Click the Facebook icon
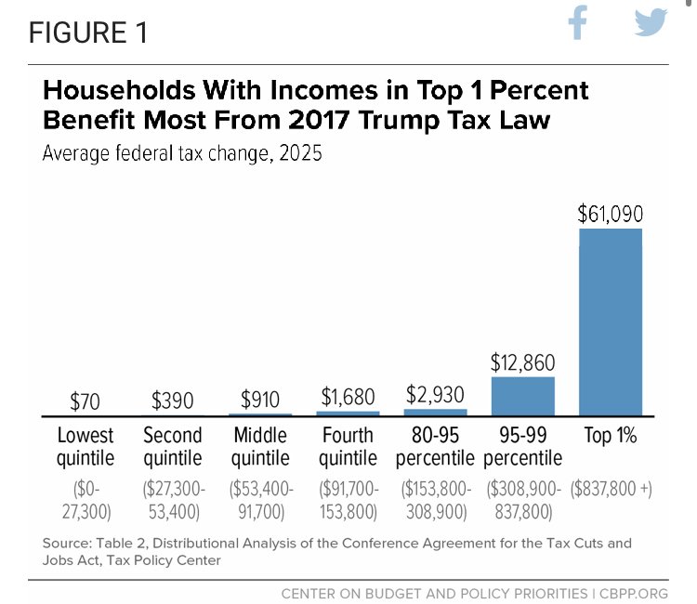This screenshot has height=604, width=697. [x=578, y=24]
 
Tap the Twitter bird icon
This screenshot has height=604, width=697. [x=651, y=24]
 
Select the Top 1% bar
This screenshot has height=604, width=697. [x=611, y=321]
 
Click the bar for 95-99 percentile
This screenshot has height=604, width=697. [x=522, y=395]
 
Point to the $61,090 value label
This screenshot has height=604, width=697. [x=611, y=214]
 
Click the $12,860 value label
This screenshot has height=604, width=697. [x=522, y=362]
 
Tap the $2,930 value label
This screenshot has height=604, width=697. [x=434, y=394]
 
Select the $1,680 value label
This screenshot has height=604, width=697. [x=348, y=397]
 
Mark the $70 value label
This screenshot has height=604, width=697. [x=85, y=401]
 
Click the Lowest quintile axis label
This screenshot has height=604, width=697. [x=85, y=446]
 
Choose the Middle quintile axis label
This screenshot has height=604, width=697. [x=260, y=446]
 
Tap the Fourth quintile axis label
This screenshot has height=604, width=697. [x=348, y=446]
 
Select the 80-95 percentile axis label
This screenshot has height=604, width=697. [x=434, y=446]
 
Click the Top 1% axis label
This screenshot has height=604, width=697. [x=611, y=435]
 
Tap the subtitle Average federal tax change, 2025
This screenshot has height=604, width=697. [x=182, y=153]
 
